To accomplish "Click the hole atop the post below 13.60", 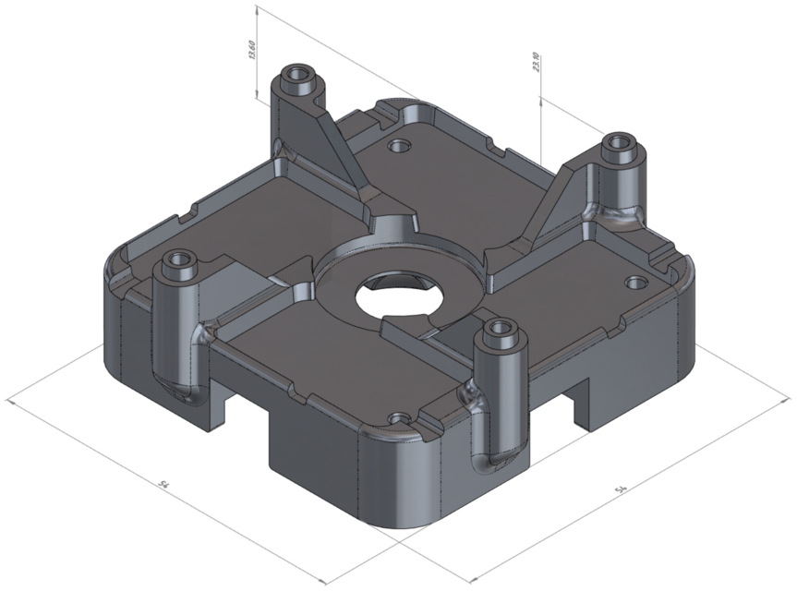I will (x=297, y=73).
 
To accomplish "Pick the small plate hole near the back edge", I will (x=399, y=146).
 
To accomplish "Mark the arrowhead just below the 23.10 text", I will (x=540, y=96).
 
